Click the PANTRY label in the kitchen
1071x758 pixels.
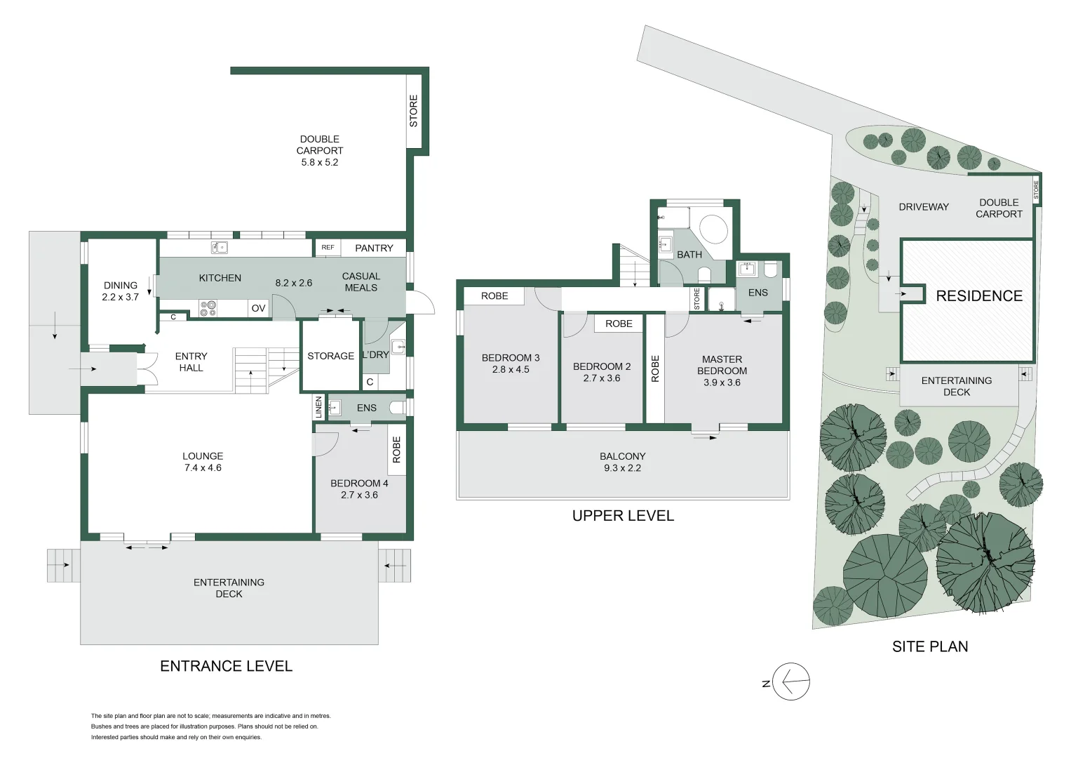[x=374, y=248]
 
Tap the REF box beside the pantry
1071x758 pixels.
[x=328, y=248]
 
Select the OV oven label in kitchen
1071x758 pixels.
[x=258, y=308]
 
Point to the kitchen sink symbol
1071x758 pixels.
[x=220, y=247]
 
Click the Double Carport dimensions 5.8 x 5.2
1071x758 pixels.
[x=320, y=162]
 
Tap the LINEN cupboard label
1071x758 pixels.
[x=319, y=407]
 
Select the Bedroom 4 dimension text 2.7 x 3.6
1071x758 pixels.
[x=359, y=495]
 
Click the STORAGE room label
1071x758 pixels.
[x=330, y=356]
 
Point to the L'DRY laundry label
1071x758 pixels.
[x=375, y=355]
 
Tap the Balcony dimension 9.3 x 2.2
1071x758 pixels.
[x=622, y=468]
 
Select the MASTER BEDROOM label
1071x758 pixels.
[x=722, y=365]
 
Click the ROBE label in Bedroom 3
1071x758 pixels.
[x=494, y=296]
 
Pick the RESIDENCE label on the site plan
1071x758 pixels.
[x=979, y=296]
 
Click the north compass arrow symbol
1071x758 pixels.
[x=791, y=681]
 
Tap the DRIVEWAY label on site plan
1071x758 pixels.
[x=924, y=207]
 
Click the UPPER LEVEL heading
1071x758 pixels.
[x=623, y=516]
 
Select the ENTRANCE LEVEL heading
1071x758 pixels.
[x=226, y=666]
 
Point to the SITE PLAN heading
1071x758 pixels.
[x=930, y=646]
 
